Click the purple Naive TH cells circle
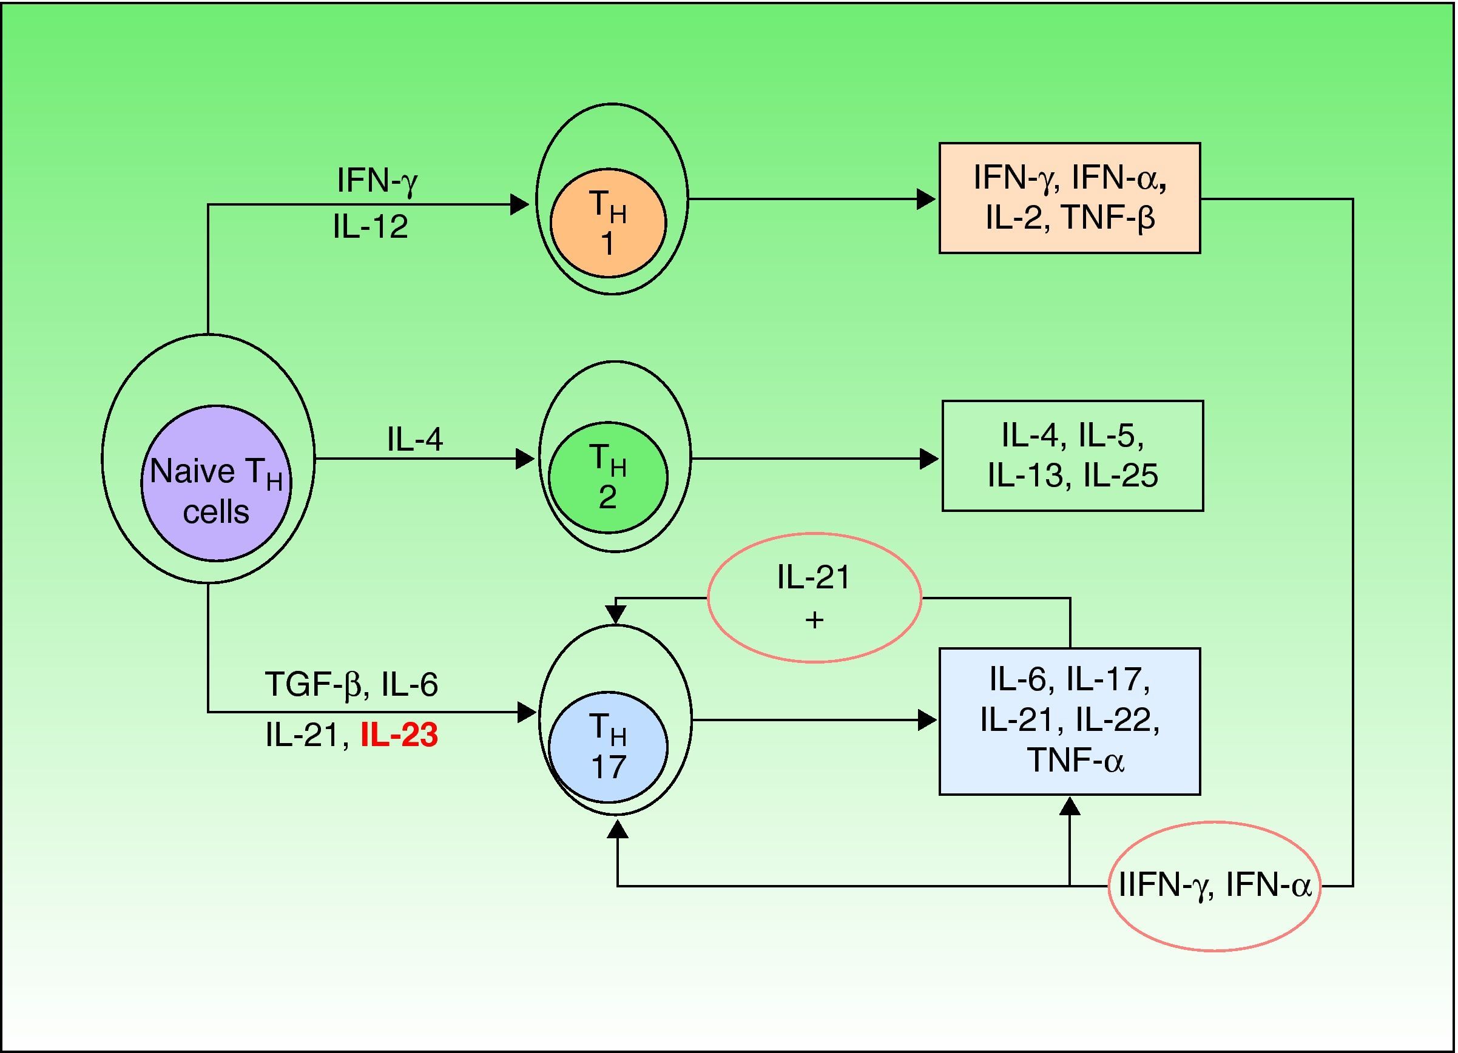click(x=216, y=482)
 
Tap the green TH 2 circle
click(x=607, y=477)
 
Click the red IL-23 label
click(x=399, y=735)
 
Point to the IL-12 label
click(x=370, y=227)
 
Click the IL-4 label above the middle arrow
click(x=414, y=440)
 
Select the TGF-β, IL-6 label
click(x=351, y=684)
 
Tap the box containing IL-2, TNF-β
click(x=1069, y=198)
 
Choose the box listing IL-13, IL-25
click(x=1072, y=456)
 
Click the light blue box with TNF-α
click(x=1069, y=721)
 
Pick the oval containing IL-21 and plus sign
click(x=814, y=597)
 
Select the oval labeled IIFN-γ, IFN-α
click(x=1214, y=886)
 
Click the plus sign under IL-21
click(x=814, y=621)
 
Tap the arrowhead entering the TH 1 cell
click(x=519, y=204)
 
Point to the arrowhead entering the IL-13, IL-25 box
click(x=929, y=459)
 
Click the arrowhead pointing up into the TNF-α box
click(x=1069, y=806)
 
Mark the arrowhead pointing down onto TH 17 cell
click(x=616, y=615)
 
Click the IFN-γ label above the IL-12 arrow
click(x=377, y=181)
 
